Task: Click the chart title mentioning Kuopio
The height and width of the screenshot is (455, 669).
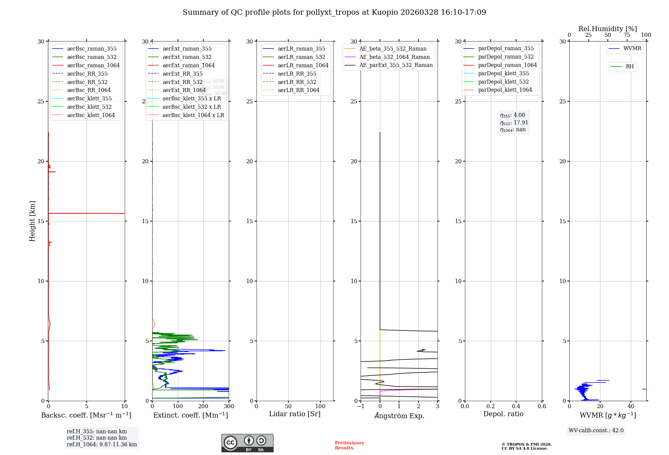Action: pos(334,12)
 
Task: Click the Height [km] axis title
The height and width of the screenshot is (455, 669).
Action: pos(32,221)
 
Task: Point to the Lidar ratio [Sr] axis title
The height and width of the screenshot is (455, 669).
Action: pos(295,414)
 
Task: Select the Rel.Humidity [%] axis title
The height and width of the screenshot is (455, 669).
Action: pos(607,29)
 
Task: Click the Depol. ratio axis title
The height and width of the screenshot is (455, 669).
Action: pos(503,414)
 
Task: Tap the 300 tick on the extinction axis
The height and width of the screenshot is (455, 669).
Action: pos(229,406)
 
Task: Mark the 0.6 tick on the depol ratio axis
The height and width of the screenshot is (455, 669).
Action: pos(542,406)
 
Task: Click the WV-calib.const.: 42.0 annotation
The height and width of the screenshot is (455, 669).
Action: pos(596,430)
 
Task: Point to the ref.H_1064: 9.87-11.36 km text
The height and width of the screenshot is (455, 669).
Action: pos(102,444)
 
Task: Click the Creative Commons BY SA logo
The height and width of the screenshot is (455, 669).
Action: pos(247,443)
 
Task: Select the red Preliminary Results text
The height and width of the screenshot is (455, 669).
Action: pos(349,445)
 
